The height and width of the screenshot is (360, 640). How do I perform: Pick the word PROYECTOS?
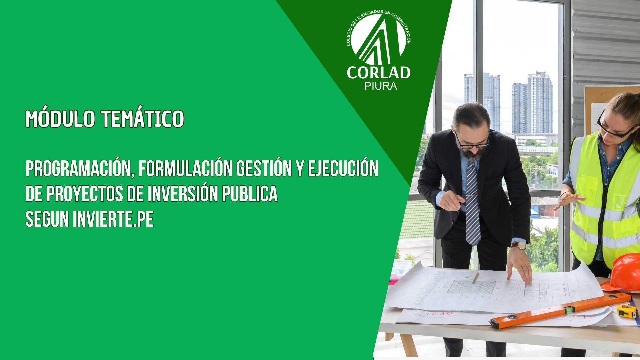[85, 194]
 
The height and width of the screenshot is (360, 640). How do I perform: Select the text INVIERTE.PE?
[113, 219]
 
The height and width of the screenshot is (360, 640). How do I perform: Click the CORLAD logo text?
[379, 73]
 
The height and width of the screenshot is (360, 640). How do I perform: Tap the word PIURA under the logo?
[381, 86]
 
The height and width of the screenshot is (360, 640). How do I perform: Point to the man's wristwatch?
[519, 245]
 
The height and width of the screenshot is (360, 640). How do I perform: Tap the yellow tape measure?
[627, 311]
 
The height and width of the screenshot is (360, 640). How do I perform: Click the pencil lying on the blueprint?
[475, 278]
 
